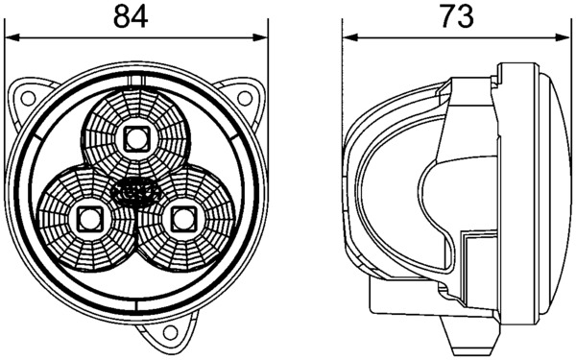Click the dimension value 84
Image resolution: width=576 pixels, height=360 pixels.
(x=131, y=17)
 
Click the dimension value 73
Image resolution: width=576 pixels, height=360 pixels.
(x=457, y=17)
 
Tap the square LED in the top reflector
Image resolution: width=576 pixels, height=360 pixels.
(x=136, y=138)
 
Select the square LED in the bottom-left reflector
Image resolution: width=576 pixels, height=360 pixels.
(x=89, y=219)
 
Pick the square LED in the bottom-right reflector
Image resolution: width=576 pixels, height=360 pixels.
(x=184, y=219)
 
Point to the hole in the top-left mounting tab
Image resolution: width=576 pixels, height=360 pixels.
(x=28, y=98)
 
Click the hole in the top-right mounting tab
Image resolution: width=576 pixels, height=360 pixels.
(x=244, y=98)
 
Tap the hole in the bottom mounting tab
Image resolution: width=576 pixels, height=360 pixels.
(x=170, y=333)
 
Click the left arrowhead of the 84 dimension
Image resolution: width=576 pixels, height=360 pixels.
(x=12, y=37)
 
